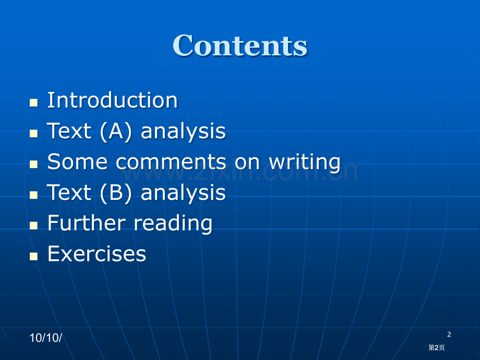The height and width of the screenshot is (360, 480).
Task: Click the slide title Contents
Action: point(240,45)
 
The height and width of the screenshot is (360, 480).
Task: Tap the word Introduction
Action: point(112,100)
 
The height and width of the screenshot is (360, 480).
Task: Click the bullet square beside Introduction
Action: point(34,103)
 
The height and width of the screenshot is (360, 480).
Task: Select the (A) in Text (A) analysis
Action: point(116,131)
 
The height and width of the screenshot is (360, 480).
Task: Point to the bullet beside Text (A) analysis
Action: point(34,133)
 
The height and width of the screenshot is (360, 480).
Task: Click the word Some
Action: point(77,161)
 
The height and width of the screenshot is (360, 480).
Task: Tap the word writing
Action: point(305,162)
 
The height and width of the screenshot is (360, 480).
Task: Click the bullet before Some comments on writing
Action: point(34,164)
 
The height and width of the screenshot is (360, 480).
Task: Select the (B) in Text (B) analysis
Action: point(116,193)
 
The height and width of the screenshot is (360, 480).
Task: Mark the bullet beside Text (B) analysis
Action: point(34,195)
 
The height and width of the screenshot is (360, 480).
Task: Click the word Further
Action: point(87,223)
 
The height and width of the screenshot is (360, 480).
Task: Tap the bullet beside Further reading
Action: point(34,225)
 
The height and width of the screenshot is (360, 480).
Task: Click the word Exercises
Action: point(97,254)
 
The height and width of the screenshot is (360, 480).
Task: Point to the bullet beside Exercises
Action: point(34,256)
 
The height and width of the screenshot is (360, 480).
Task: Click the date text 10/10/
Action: point(45,338)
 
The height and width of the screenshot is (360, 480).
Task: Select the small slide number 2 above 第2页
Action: point(449,334)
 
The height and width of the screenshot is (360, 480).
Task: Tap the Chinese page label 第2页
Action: point(437,347)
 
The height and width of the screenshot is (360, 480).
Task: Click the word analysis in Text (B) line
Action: point(183,193)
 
